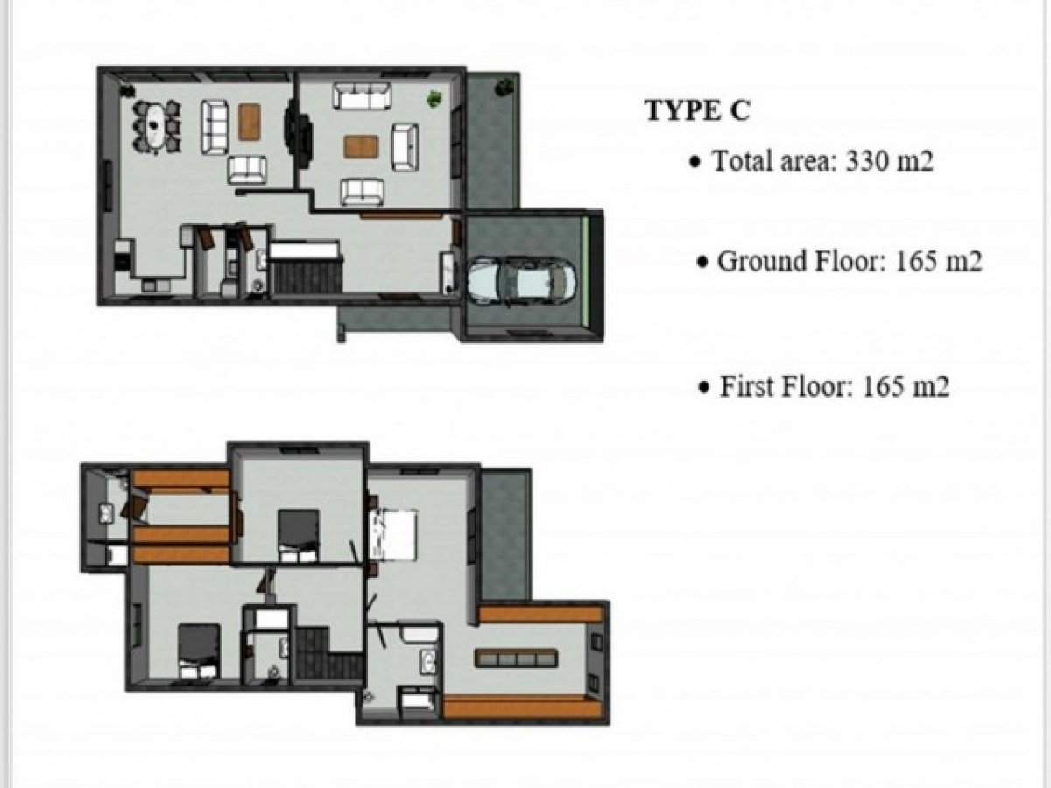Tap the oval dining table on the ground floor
[156, 127]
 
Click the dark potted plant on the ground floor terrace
[504, 87]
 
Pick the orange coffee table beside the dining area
[250, 122]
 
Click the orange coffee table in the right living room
[361, 147]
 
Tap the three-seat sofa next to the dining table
[214, 127]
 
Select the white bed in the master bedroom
[392, 534]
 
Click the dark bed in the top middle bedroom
[299, 535]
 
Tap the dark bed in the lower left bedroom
[199, 651]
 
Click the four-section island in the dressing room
[516, 658]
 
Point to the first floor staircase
[329, 653]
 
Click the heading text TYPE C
[698, 110]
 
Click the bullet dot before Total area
[695, 163]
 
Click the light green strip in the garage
[585, 271]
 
